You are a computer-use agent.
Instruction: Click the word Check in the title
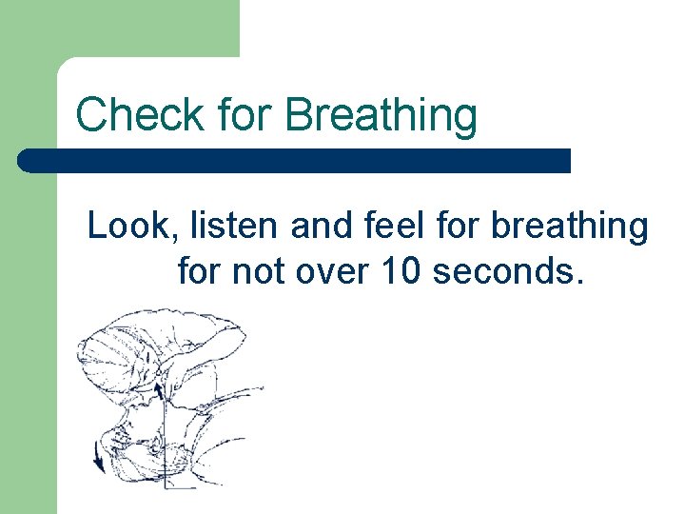click(x=139, y=115)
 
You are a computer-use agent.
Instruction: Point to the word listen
click(x=225, y=227)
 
